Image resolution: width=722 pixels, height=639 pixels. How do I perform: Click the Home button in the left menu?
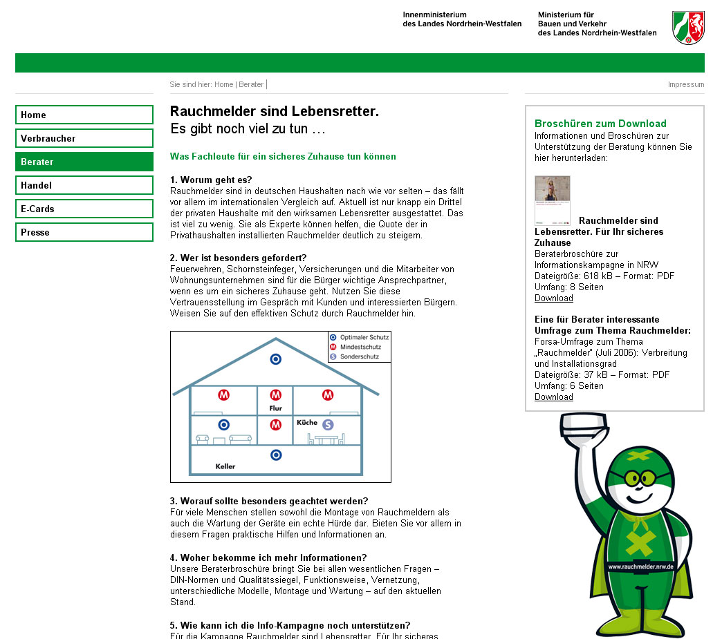pyautogui.click(x=84, y=115)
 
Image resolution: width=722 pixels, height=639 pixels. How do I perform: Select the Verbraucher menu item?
pyautogui.click(x=84, y=138)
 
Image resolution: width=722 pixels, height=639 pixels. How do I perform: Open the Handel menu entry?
pyautogui.click(x=84, y=185)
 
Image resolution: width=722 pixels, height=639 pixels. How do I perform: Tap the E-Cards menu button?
pyautogui.click(x=84, y=209)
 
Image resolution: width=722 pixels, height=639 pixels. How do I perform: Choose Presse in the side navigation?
pyautogui.click(x=84, y=232)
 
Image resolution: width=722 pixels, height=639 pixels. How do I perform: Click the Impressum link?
pyautogui.click(x=685, y=84)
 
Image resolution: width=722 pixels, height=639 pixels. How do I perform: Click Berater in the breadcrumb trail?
pyautogui.click(x=251, y=84)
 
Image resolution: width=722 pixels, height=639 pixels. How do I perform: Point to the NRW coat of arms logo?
pyautogui.click(x=688, y=28)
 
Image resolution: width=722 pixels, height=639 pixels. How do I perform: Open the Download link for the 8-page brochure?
pyautogui.click(x=553, y=298)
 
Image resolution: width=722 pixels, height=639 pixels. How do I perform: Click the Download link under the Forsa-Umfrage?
pyautogui.click(x=553, y=397)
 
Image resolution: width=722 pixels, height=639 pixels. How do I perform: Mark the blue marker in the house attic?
pyautogui.click(x=275, y=359)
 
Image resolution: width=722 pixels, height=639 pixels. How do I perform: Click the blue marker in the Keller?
pyautogui.click(x=276, y=455)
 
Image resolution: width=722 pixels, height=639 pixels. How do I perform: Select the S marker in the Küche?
pyautogui.click(x=328, y=424)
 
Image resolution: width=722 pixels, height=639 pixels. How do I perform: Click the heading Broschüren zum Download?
pyautogui.click(x=600, y=124)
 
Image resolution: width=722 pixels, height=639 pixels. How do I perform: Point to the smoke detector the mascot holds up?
pyautogui.click(x=584, y=428)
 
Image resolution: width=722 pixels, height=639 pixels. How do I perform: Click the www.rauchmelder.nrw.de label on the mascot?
pyautogui.click(x=640, y=566)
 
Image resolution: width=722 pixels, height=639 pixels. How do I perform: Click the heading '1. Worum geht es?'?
pyautogui.click(x=211, y=180)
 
